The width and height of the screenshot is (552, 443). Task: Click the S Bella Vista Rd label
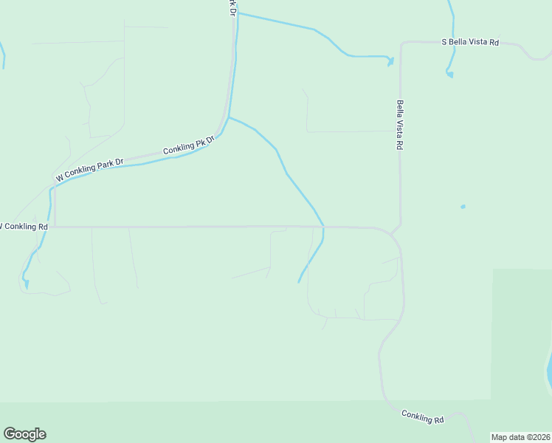[470, 42]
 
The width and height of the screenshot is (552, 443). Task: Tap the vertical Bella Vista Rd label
[399, 126]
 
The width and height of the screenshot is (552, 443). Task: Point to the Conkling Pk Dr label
[188, 144]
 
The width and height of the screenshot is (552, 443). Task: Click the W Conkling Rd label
[24, 226]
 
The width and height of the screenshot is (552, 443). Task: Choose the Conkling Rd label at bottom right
[423, 416]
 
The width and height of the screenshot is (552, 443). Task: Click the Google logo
[24, 434]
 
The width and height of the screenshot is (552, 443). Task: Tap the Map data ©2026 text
[521, 437]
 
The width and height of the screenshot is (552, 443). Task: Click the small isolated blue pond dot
[463, 207]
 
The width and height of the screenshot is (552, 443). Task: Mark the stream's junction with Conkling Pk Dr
[229, 117]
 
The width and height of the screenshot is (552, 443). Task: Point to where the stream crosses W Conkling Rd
[323, 227]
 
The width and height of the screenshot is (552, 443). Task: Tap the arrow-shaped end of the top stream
[390, 61]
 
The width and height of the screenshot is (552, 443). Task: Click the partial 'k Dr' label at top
[232, 7]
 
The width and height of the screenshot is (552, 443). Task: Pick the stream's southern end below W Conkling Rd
[298, 281]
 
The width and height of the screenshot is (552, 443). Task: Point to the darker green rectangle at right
[520, 332]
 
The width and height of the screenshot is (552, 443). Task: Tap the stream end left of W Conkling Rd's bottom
[27, 284]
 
